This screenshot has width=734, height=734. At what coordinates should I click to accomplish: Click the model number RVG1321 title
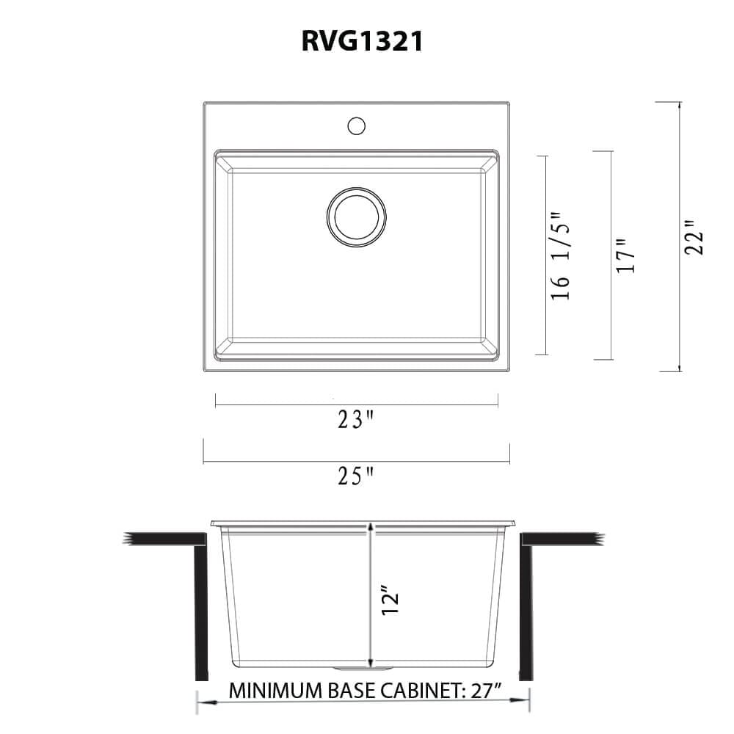[x=362, y=42]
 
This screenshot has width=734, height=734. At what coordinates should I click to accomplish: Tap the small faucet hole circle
[x=356, y=126]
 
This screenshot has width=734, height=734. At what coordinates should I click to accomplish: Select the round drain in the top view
[x=356, y=216]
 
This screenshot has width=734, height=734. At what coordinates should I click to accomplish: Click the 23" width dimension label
[x=356, y=420]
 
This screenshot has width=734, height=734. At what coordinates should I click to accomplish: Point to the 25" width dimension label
[x=356, y=478]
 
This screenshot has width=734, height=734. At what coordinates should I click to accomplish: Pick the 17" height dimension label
[x=625, y=256]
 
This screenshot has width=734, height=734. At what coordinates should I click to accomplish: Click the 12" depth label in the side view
[x=389, y=598]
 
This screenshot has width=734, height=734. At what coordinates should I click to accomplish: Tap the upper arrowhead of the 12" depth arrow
[x=371, y=528]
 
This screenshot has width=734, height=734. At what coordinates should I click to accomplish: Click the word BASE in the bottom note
[x=340, y=691]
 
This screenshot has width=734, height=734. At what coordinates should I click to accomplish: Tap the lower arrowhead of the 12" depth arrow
[x=371, y=660]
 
